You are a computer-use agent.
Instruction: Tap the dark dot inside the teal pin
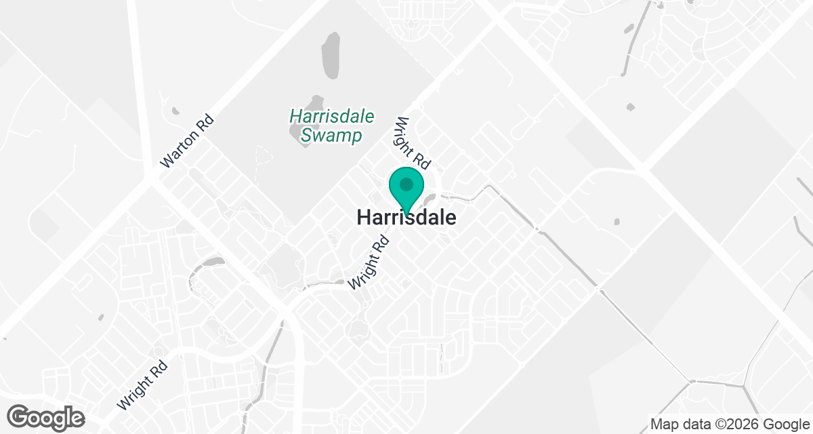(x=406, y=184)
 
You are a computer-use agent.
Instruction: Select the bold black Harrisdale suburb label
(x=406, y=218)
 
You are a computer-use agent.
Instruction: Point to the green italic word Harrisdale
(x=331, y=117)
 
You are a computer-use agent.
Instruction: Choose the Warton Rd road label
(x=187, y=142)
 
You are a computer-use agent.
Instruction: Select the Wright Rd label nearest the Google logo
(x=142, y=384)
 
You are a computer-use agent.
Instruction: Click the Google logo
(x=47, y=416)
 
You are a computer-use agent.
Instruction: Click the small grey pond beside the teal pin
(x=429, y=201)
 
